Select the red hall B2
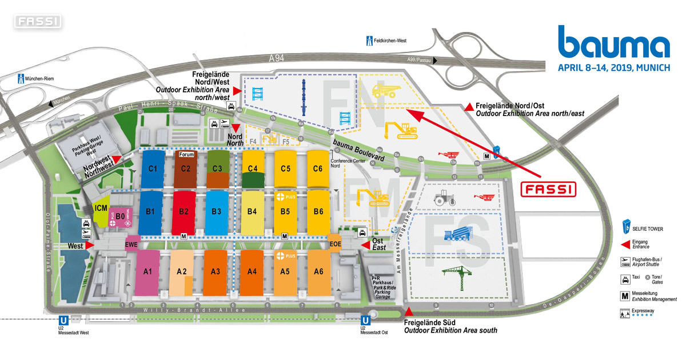[x=184, y=211]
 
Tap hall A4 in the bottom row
[x=252, y=271]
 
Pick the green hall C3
[x=217, y=169]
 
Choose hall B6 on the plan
[x=318, y=211]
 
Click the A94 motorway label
[x=277, y=58]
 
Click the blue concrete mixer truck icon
[x=456, y=234]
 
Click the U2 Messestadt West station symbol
[x=62, y=322]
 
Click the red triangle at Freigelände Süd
[x=408, y=311]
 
